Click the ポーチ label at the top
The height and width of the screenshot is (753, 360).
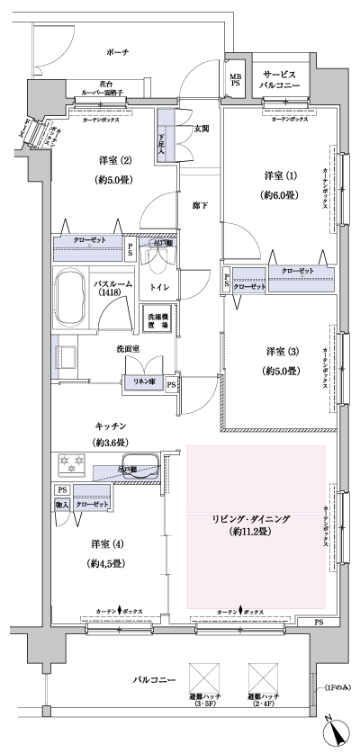point(120,53)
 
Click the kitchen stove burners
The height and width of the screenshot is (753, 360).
point(71,465)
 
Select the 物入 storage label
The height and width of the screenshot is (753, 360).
point(62,506)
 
